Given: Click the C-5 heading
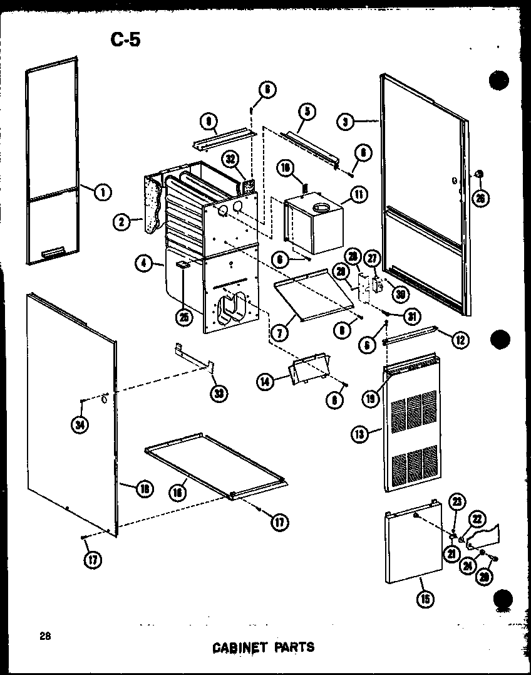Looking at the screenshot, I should (x=125, y=39).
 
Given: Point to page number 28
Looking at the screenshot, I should (x=44, y=636).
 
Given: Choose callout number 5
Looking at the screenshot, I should (x=306, y=112).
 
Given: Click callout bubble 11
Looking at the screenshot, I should (x=359, y=195).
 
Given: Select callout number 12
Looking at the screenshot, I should (x=460, y=340).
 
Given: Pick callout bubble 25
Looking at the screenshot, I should (x=184, y=318).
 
